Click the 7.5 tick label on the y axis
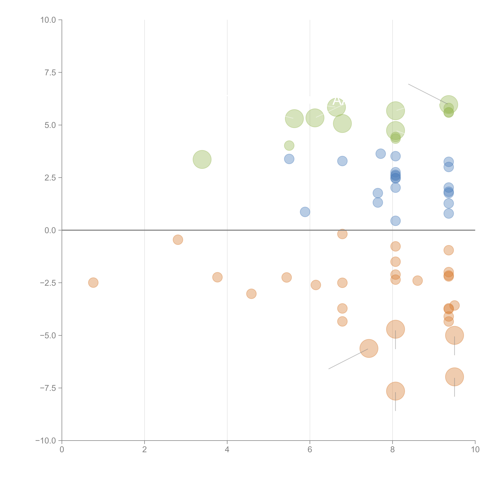pyautogui.click(x=50, y=72)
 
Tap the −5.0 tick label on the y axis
pyautogui.click(x=48, y=335)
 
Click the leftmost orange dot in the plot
pyautogui.click(x=93, y=283)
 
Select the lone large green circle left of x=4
pyautogui.click(x=202, y=159)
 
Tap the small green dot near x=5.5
pyautogui.click(x=289, y=146)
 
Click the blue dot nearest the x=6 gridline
pyautogui.click(x=305, y=212)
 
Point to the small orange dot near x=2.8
pyautogui.click(x=178, y=240)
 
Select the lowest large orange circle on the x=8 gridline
pyautogui.click(x=395, y=391)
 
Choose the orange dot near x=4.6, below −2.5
pyautogui.click(x=251, y=294)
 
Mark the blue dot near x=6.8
pyautogui.click(x=342, y=161)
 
